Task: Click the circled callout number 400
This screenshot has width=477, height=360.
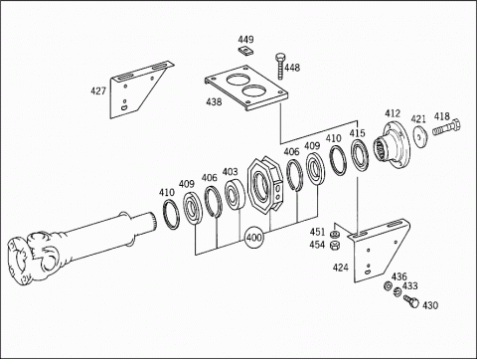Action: tap(253, 238)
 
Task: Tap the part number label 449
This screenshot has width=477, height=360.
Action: tap(245, 40)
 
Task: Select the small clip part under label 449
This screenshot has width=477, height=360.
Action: tap(246, 51)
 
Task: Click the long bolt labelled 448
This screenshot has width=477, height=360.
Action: tap(280, 66)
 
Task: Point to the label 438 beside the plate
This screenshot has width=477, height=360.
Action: tap(214, 101)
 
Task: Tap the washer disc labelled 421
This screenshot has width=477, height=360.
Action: tap(419, 136)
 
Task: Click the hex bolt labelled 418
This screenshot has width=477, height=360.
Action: tap(446, 127)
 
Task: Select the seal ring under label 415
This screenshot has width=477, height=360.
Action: tap(360, 155)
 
